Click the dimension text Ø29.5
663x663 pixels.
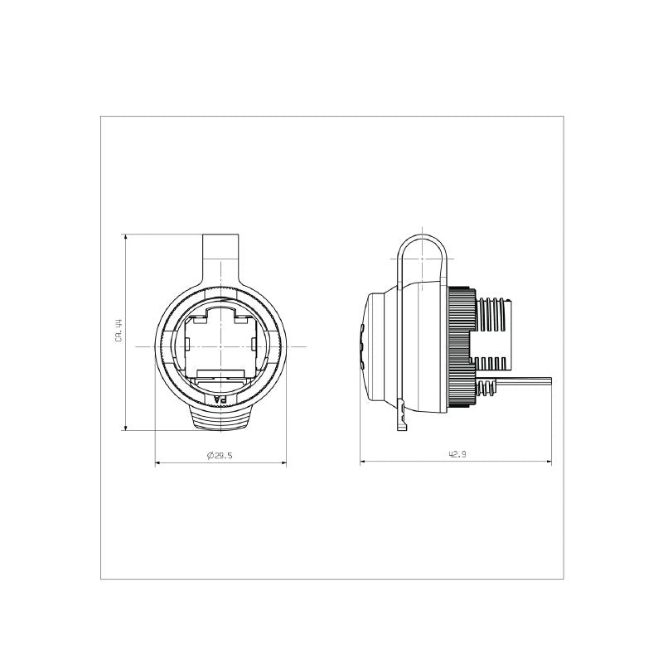pyautogui.click(x=220, y=455)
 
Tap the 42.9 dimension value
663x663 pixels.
pyautogui.click(x=456, y=455)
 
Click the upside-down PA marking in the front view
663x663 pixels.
pyautogui.click(x=220, y=399)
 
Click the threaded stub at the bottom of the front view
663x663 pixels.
pyautogui.click(x=220, y=419)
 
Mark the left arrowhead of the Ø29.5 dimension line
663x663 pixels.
pyautogui.click(x=158, y=462)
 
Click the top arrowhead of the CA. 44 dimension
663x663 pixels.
pyautogui.click(x=125, y=237)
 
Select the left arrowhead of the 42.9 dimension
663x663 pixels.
pyautogui.click(x=362, y=462)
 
